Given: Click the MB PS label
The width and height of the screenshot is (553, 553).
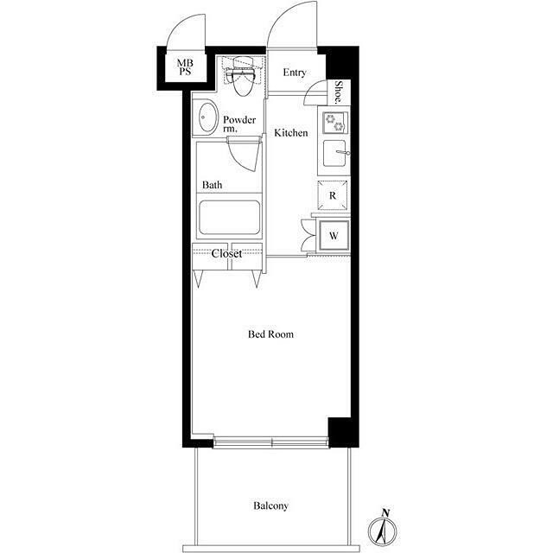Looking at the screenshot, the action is (x=185, y=67).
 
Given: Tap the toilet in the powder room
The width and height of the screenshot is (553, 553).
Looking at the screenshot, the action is (x=243, y=76).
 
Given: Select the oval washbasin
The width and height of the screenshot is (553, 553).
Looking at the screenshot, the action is (x=207, y=117).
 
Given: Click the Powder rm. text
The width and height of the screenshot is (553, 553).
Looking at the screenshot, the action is (x=239, y=124).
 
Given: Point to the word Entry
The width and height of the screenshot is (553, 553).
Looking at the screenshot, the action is (x=295, y=73).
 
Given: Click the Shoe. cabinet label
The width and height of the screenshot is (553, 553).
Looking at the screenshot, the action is (x=339, y=92).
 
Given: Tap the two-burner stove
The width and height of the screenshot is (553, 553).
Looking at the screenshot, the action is (x=334, y=123).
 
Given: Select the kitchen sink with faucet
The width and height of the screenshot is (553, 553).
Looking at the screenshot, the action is (x=336, y=153).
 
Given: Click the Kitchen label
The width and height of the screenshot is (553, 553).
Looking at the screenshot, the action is (x=291, y=133).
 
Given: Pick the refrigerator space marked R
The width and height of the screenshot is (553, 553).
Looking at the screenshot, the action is (x=333, y=195).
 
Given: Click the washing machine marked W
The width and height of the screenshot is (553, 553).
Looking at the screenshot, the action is (x=334, y=235).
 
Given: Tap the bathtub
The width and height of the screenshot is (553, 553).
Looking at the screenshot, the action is (x=230, y=217).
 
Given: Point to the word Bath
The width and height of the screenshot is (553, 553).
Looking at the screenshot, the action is (x=212, y=185).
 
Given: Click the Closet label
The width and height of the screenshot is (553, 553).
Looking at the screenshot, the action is (x=226, y=253).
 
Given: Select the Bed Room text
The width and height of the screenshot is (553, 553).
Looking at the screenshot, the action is (x=270, y=334).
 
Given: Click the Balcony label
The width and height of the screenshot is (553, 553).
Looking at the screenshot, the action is (x=270, y=505).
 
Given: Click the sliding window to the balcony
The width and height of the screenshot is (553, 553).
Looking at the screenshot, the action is (x=270, y=442).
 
